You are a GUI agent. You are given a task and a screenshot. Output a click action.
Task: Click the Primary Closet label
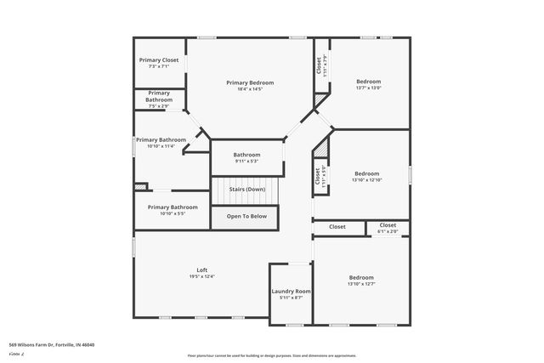pyautogui.click(x=159, y=60)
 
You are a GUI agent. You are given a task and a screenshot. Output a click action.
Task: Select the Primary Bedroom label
pyautogui.click(x=249, y=82)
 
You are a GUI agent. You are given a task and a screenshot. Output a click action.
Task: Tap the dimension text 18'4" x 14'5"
pyautogui.click(x=249, y=88)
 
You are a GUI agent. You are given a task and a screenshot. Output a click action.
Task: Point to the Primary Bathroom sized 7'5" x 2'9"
pyautogui.click(x=159, y=96)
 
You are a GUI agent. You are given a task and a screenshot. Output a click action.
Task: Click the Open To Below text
pyautogui.click(x=246, y=217)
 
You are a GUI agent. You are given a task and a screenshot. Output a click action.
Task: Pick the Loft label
pyautogui.click(x=202, y=270)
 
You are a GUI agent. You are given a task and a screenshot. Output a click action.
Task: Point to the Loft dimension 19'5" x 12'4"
pyautogui.click(x=202, y=276)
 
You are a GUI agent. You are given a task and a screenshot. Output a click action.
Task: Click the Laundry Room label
pyautogui.click(x=291, y=292)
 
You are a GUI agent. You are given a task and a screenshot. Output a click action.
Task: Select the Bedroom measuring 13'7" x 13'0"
pyautogui.click(x=368, y=82)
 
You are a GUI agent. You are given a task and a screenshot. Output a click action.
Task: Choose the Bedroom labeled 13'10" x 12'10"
pyautogui.click(x=367, y=173)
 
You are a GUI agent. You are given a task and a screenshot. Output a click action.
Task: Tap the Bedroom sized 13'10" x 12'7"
pyautogui.click(x=360, y=278)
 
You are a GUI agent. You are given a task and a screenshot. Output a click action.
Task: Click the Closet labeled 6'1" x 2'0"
pyautogui.click(x=388, y=226)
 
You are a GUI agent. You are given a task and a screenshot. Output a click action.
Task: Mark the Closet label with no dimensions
pyautogui.click(x=337, y=227)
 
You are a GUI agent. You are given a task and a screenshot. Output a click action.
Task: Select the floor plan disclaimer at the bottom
pyautogui.click(x=272, y=355)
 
